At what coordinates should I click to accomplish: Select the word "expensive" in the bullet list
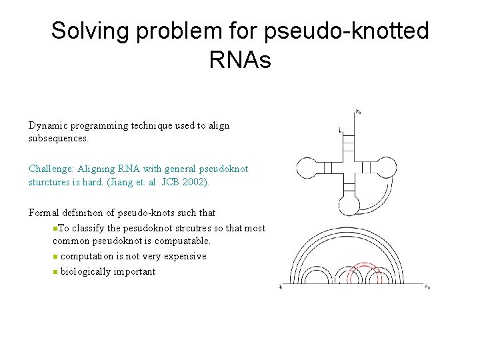click(x=186, y=256)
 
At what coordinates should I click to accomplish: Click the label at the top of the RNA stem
click(x=359, y=111)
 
